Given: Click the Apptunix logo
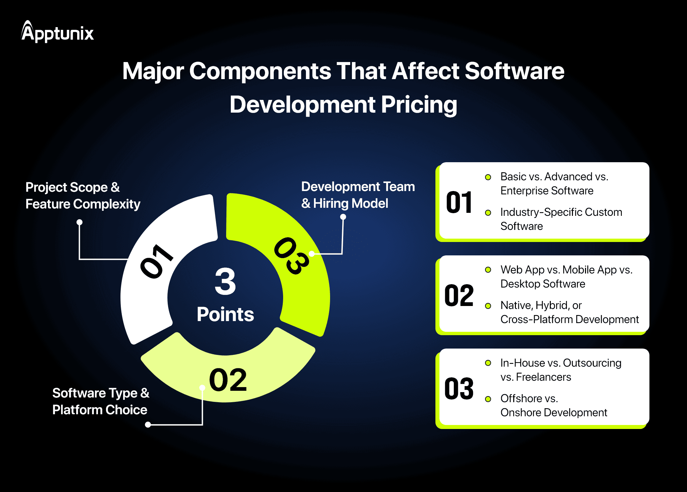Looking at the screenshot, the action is tap(57, 32).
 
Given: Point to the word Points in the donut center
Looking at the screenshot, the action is tap(225, 315).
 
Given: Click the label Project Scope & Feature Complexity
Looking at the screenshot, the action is tap(83, 196).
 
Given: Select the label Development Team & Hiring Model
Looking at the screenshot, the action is tap(358, 195).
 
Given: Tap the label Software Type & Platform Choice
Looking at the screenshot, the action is tap(101, 402).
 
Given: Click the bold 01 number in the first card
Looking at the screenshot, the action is tap(459, 202).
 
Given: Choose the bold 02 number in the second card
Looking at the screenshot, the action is tap(459, 296).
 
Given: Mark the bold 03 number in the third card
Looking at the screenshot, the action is tap(459, 389).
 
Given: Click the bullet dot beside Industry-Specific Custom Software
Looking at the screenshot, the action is tap(488, 213).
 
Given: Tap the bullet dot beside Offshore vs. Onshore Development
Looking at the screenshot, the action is tap(488, 399).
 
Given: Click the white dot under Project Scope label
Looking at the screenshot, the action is tap(80, 222).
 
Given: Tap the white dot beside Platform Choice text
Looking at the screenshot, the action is tap(148, 425).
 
